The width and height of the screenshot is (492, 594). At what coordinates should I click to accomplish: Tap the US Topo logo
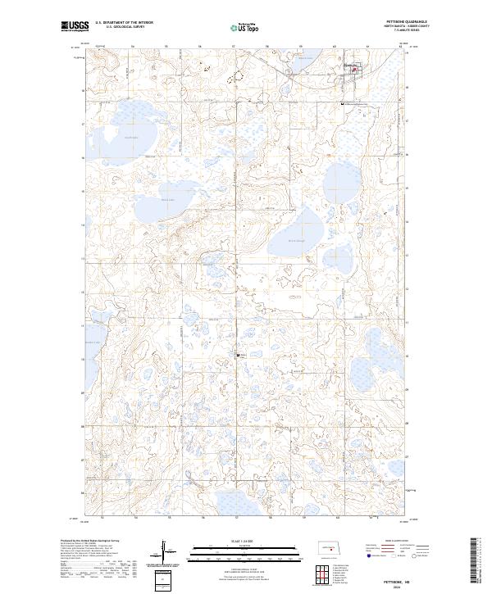[x=245, y=27]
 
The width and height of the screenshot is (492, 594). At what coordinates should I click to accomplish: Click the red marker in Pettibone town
[x=354, y=70]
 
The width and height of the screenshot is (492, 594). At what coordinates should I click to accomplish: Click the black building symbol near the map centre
[x=237, y=355]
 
